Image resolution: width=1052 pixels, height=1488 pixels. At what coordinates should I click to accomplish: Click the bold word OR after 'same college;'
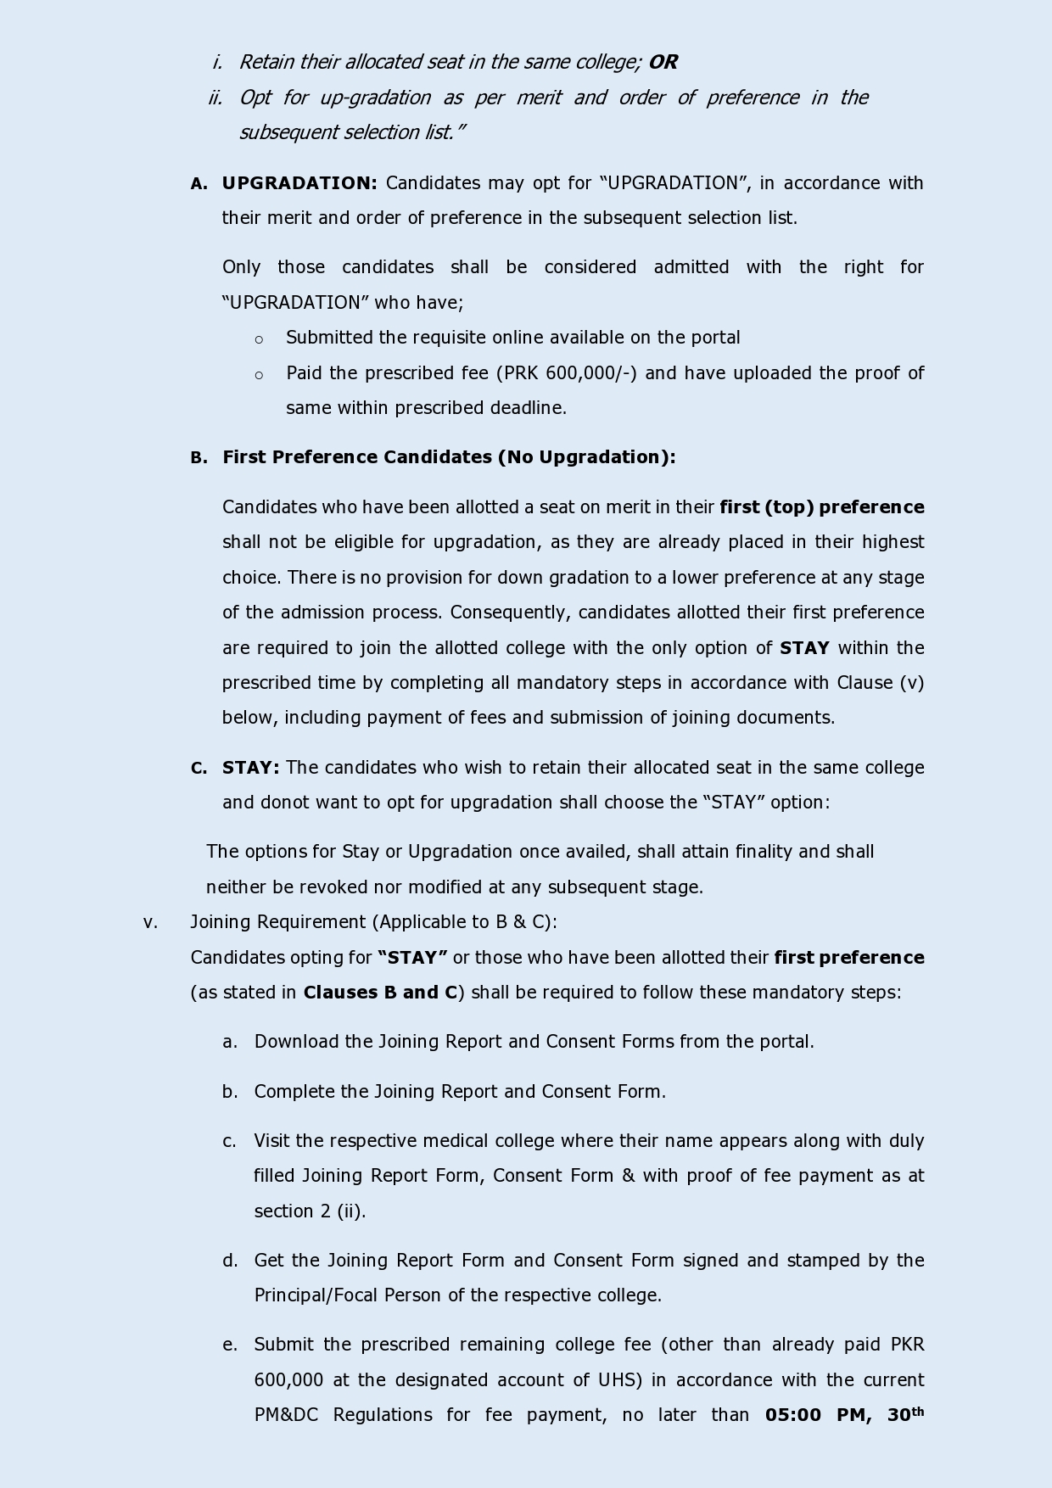663,62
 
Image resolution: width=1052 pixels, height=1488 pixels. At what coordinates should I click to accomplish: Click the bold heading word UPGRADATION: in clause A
299,183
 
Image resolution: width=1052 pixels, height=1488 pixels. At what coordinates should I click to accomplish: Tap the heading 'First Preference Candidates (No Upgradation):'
449,457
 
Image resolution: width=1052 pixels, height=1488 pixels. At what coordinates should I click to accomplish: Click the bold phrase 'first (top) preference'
821,507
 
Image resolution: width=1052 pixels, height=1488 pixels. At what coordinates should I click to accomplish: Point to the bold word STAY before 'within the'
804,648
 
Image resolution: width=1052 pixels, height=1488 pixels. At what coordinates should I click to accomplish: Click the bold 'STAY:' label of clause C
250,768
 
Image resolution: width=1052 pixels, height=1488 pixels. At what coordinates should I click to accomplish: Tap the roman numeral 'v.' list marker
150,922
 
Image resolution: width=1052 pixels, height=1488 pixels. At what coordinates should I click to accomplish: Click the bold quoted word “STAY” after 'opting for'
412,958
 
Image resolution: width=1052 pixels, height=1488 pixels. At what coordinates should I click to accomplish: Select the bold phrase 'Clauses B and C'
380,993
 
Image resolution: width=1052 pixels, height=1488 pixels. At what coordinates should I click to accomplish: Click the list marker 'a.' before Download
229,1042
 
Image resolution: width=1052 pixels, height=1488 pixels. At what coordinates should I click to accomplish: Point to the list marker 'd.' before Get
229,1261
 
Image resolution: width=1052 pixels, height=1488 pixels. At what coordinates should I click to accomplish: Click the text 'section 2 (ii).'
310,1211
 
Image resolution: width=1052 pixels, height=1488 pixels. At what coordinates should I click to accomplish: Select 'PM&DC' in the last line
286,1415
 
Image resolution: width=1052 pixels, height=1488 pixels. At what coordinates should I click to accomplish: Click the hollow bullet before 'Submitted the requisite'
259,339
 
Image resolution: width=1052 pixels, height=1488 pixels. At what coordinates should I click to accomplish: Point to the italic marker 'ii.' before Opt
215,98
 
